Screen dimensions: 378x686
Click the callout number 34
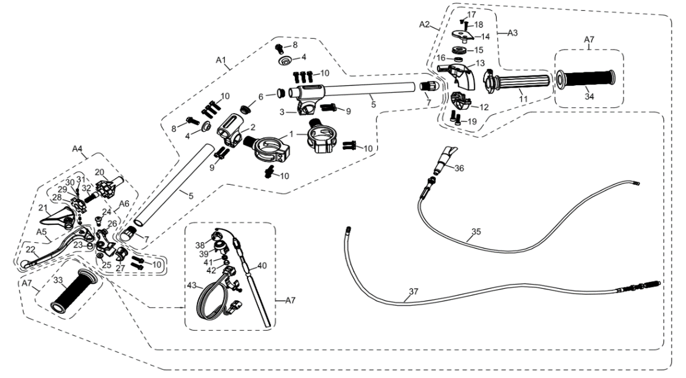[589, 97]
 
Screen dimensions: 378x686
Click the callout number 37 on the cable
[413, 292]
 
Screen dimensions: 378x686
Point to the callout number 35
[476, 232]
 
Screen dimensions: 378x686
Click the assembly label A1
[221, 60]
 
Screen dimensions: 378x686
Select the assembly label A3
[512, 33]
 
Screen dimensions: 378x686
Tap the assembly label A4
[77, 149]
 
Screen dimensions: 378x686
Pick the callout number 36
[459, 168]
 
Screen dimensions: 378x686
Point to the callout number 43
[192, 285]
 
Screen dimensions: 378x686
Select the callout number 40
[262, 265]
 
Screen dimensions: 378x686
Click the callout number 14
[485, 36]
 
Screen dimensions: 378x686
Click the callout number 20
[100, 172]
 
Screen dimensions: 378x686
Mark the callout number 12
[484, 107]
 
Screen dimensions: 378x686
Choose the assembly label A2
[424, 24]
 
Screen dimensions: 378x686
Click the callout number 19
[472, 121]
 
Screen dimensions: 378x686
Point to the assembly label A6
[124, 204]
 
